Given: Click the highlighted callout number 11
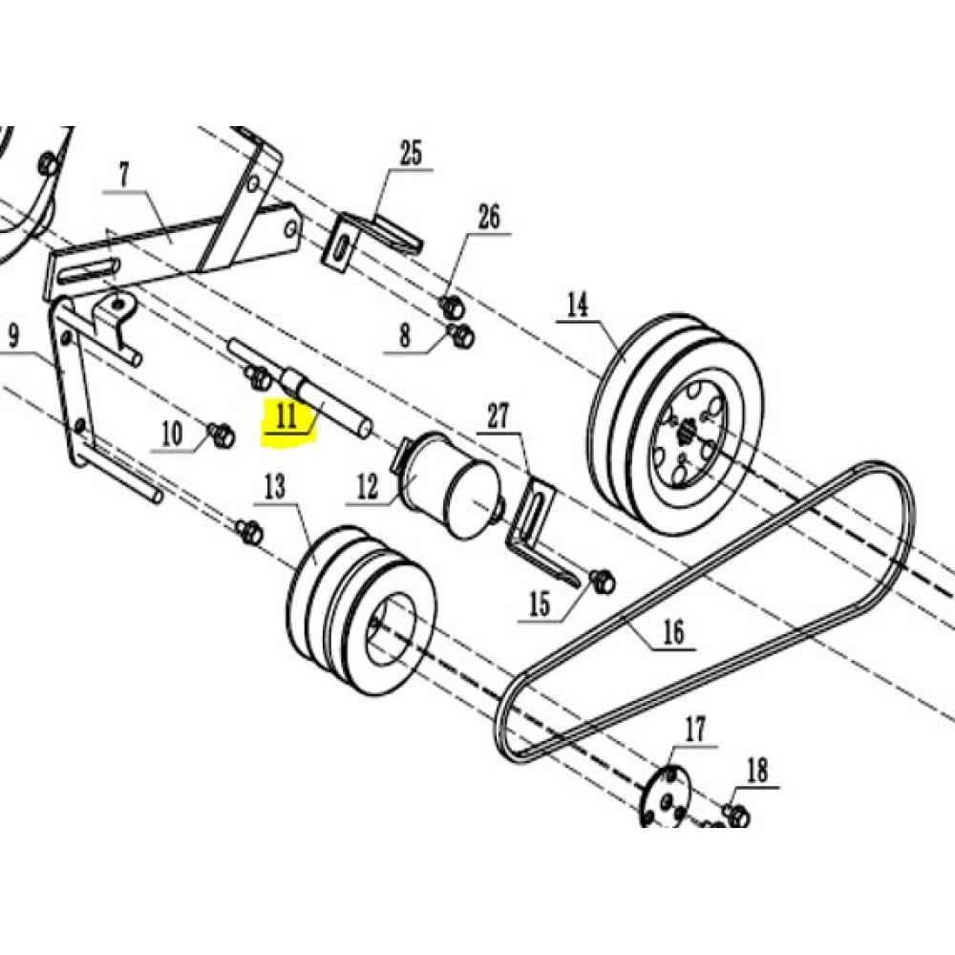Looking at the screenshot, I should (286, 416).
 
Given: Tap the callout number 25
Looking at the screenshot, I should (410, 153).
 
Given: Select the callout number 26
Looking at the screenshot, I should (488, 218).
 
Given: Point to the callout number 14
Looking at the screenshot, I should (578, 306).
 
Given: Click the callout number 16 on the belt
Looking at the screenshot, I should (673, 632).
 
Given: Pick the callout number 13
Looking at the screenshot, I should (274, 487).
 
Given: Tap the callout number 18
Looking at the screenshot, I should (757, 771).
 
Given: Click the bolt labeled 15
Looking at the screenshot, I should (603, 579).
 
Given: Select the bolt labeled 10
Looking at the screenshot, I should (222, 436).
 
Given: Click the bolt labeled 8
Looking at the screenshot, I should (461, 335).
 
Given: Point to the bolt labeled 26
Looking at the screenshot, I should (452, 308).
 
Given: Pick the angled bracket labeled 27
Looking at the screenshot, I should (535, 525).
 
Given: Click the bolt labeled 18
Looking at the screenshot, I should (737, 815).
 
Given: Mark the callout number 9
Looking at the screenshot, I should (13, 336).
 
